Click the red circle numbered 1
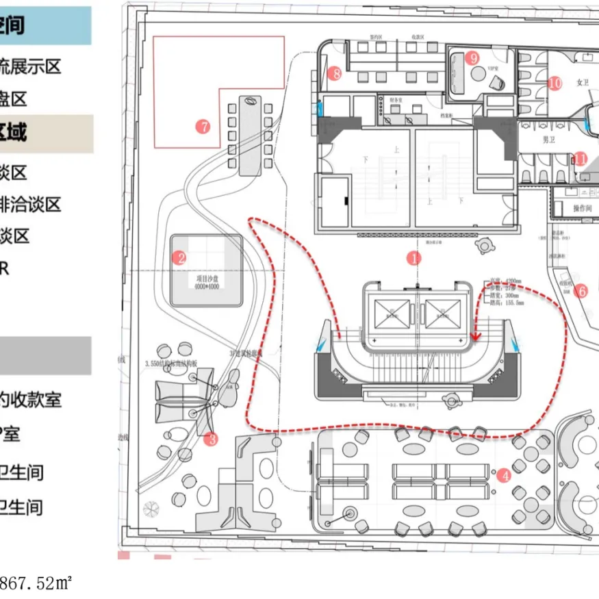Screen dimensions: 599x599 (413, 258)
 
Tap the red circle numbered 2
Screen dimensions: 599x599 (180, 258)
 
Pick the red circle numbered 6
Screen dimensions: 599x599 (582, 291)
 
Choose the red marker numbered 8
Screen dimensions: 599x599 (334, 73)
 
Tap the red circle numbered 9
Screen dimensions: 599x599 (472, 58)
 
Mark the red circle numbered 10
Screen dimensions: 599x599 (555, 83)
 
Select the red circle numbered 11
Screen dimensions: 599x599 (580, 159)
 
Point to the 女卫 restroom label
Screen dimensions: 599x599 (583, 82)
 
